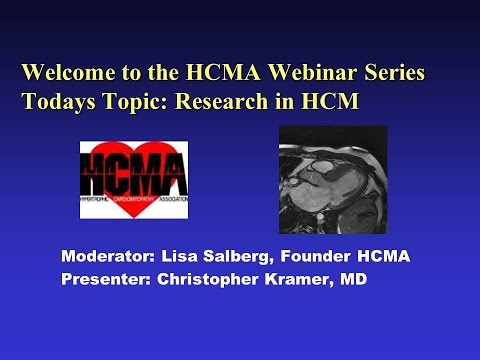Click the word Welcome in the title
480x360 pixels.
pos(68,73)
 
